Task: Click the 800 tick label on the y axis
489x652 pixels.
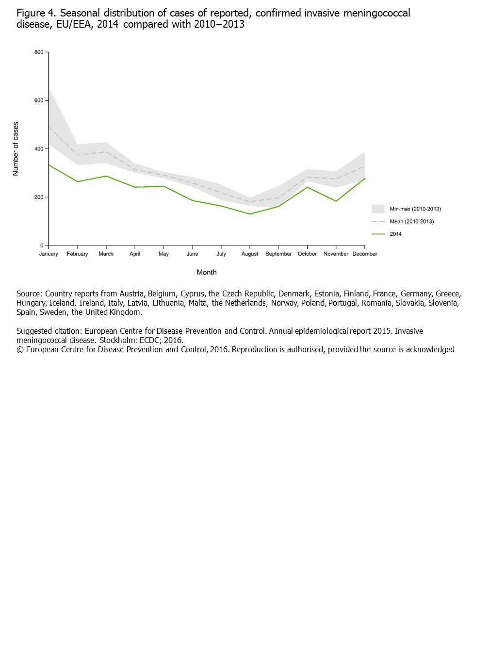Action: coord(39,52)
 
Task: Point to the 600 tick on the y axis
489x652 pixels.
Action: coord(39,100)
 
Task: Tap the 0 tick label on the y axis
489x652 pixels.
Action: coord(42,245)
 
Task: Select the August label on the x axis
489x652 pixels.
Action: coord(250,254)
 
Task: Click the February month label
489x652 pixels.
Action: coord(77,254)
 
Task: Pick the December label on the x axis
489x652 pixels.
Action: coord(365,254)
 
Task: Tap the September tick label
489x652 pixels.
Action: coord(278,254)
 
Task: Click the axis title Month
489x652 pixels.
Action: coord(207,272)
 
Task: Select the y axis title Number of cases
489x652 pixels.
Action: coord(16,149)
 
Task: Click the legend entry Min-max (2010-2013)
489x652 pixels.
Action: coord(415,209)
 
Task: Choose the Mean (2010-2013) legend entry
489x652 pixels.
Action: coord(412,222)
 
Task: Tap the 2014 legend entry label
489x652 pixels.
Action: coord(396,234)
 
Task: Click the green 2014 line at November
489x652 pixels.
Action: coord(336,201)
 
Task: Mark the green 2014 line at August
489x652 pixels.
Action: coord(250,214)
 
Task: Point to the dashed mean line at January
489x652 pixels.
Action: coord(49,127)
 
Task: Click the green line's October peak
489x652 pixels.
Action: coord(308,187)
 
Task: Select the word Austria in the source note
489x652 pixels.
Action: coord(131,293)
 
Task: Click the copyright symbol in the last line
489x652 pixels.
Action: coord(20,350)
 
